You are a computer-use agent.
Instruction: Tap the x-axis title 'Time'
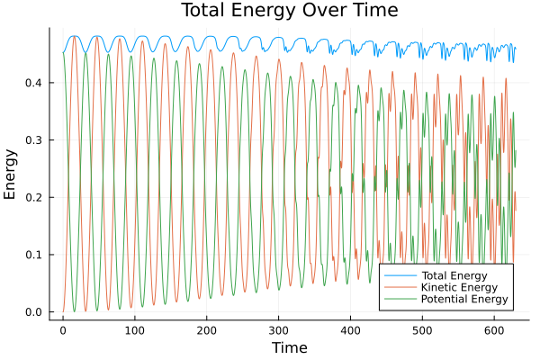click(x=289, y=347)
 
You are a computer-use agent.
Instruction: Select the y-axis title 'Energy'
click(x=12, y=174)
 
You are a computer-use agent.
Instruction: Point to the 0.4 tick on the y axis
click(x=32, y=83)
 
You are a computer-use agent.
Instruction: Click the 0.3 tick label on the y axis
click(x=32, y=140)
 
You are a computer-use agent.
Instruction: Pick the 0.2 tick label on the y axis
click(x=32, y=197)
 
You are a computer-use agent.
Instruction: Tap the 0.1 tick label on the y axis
click(x=32, y=255)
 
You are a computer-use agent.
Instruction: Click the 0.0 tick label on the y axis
click(x=32, y=312)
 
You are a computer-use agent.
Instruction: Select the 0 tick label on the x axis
click(x=63, y=329)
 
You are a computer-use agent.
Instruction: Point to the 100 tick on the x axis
click(x=135, y=329)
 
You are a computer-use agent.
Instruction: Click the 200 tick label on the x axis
click(x=207, y=329)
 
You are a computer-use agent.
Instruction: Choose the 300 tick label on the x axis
click(x=279, y=329)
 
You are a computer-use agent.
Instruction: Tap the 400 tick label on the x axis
click(x=351, y=329)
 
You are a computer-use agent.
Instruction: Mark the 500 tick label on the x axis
click(x=423, y=329)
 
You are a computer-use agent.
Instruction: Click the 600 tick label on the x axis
click(x=495, y=329)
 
